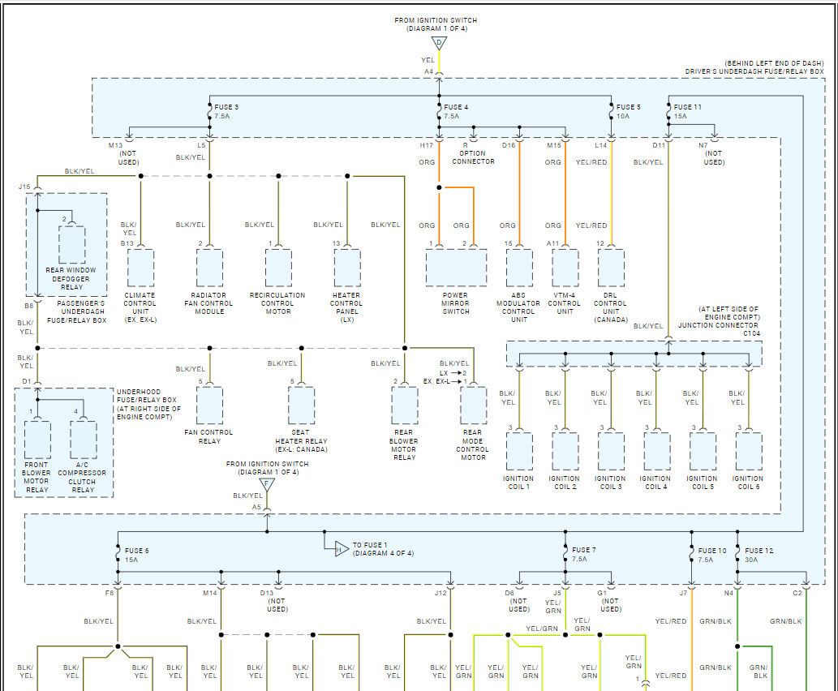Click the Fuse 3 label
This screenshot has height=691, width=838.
click(x=226, y=107)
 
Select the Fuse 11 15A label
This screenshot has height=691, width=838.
click(x=687, y=111)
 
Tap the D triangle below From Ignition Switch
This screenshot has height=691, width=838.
click(x=440, y=43)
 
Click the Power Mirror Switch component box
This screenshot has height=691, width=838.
click(x=456, y=267)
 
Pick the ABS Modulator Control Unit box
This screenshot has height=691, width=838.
click(x=519, y=267)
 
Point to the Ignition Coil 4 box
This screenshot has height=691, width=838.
click(x=657, y=451)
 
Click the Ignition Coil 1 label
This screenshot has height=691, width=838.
click(x=518, y=483)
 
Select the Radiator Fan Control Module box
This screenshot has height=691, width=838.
click(x=209, y=267)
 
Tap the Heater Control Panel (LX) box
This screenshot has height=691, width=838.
click(x=347, y=267)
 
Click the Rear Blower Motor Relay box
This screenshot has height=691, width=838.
click(x=405, y=405)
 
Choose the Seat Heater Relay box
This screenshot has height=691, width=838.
click(x=302, y=405)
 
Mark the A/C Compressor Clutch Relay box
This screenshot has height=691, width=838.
click(x=84, y=440)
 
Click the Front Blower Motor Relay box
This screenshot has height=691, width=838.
click(x=37, y=440)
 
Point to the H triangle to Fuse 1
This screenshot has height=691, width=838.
click(x=342, y=549)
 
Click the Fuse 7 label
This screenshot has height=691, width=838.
click(x=583, y=550)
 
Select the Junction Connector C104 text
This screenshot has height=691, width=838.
click(x=719, y=329)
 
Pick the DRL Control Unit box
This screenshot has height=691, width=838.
click(x=611, y=267)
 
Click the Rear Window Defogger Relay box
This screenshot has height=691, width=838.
click(x=71, y=245)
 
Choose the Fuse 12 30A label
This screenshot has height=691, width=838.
click(x=758, y=555)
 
